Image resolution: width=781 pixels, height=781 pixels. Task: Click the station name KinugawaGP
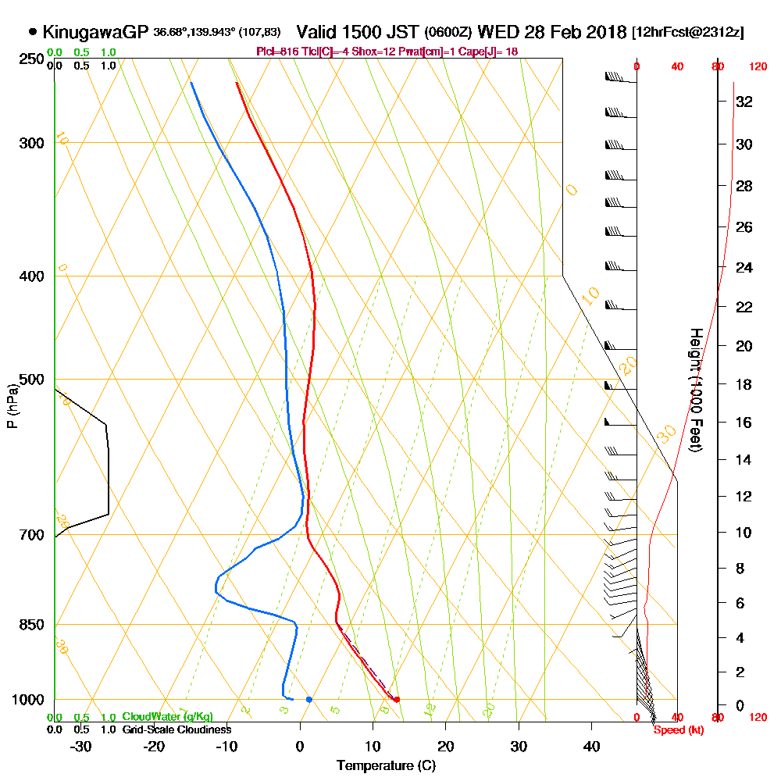pyautogui.click(x=95, y=32)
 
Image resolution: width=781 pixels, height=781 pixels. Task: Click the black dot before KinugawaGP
pyautogui.click(x=33, y=32)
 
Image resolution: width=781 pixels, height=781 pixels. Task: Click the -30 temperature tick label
pyautogui.click(x=81, y=746)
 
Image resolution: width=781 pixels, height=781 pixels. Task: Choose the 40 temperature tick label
pyautogui.click(x=592, y=746)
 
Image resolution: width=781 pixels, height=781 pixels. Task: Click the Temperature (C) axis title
pyautogui.click(x=386, y=765)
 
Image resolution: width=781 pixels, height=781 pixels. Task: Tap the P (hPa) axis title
pyautogui.click(x=12, y=405)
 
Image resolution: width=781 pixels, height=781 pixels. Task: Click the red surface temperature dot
pyautogui.click(x=397, y=699)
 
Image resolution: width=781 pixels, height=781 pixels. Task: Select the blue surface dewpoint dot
pyautogui.click(x=309, y=699)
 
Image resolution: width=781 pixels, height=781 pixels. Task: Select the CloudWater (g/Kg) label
pyautogui.click(x=167, y=717)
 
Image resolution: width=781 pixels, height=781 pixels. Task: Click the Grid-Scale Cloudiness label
pyautogui.click(x=176, y=729)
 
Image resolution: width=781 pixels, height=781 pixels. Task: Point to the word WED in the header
pyautogui.click(x=497, y=32)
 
